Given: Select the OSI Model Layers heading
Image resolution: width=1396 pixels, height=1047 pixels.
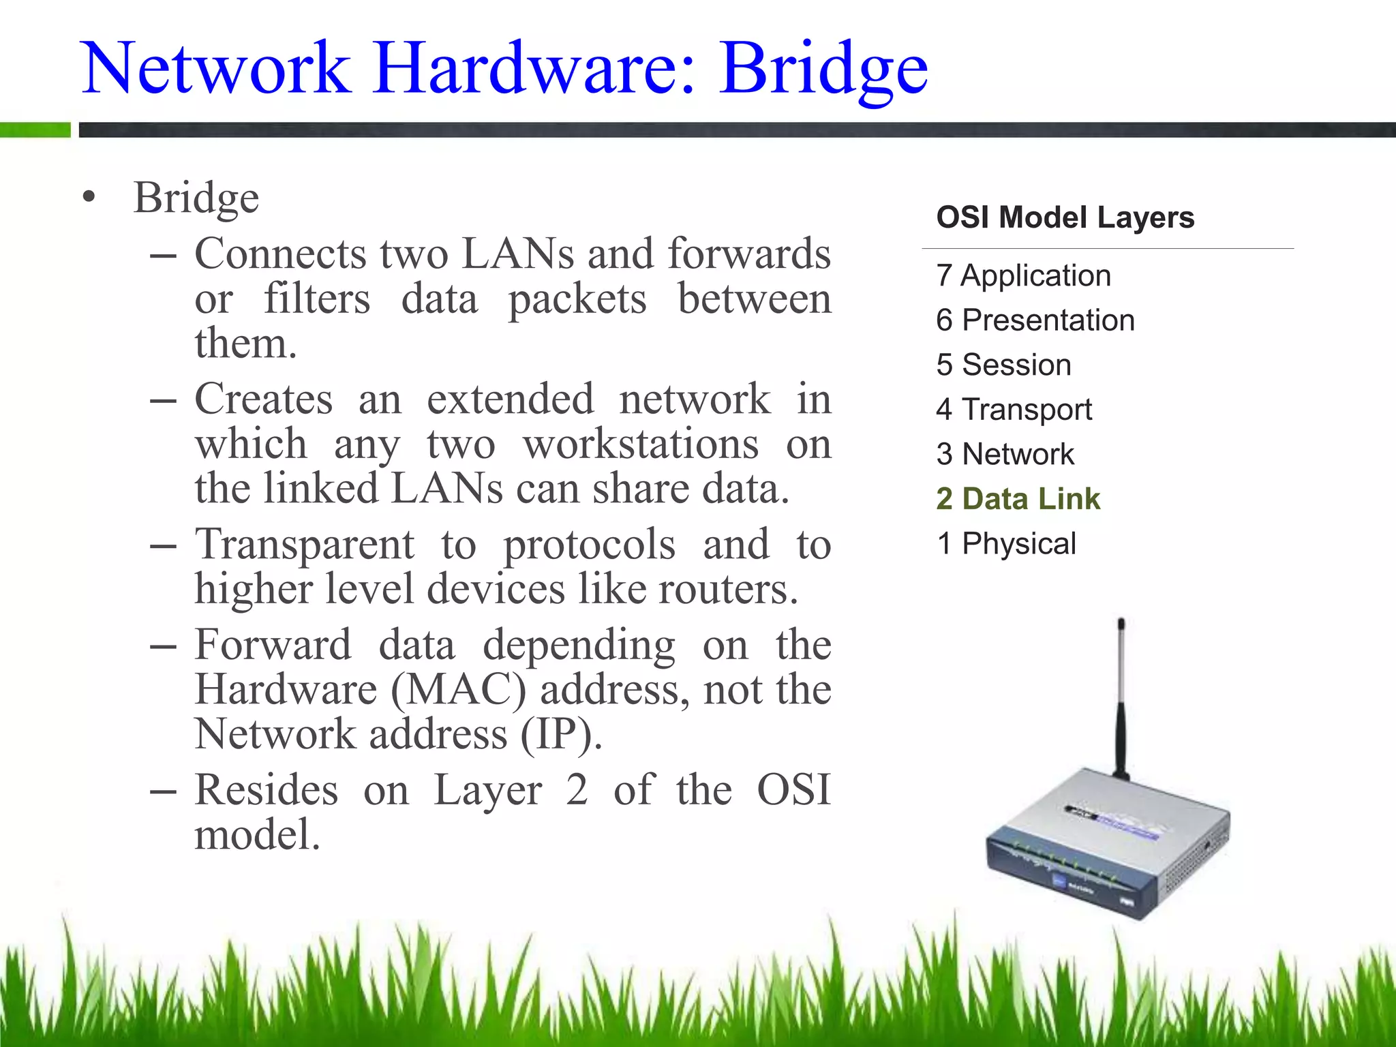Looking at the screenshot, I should [1065, 217].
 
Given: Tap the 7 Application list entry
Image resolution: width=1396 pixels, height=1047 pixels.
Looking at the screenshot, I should [1023, 276].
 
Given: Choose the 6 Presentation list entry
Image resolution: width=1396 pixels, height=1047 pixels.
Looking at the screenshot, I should [1035, 320].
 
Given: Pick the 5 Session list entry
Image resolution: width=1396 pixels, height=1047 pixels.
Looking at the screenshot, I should [1003, 365].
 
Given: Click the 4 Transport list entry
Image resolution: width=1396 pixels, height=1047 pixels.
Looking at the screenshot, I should [1014, 410].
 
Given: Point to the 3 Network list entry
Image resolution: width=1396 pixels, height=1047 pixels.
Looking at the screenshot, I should [1005, 454].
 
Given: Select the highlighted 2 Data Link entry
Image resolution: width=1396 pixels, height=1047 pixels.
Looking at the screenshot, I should [1018, 499].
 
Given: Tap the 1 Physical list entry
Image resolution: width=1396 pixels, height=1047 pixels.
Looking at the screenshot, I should [1006, 544].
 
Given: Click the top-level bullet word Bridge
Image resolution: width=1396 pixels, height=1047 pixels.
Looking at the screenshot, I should [196, 198].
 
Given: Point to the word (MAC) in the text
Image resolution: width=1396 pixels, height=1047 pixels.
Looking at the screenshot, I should [458, 690].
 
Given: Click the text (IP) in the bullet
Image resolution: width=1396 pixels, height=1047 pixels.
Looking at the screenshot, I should [561, 735].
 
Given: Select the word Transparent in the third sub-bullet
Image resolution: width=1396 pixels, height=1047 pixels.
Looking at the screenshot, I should [304, 545].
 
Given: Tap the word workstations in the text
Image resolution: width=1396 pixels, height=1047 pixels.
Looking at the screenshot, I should [640, 445].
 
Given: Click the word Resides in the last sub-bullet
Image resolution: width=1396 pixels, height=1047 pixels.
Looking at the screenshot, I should [266, 791].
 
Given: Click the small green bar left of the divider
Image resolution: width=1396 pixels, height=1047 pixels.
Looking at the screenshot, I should [35, 130].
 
